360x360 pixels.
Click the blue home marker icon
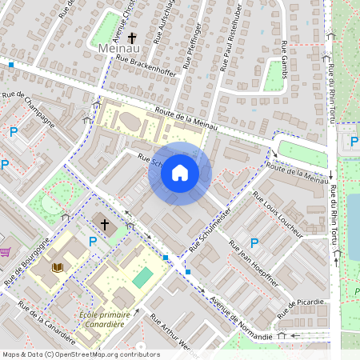click(180, 173)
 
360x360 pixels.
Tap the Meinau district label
click(118, 50)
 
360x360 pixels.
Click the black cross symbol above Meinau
click(132, 37)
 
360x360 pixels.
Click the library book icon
click(57, 268)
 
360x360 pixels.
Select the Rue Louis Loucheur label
click(278, 214)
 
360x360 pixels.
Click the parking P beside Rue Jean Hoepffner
click(254, 242)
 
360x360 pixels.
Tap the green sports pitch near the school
click(142, 278)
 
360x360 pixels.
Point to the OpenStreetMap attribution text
click(81, 354)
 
